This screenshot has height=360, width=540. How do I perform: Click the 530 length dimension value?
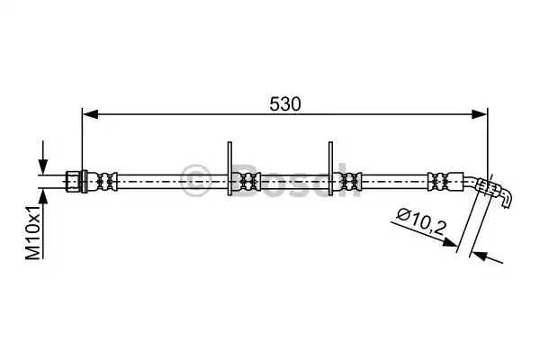284,104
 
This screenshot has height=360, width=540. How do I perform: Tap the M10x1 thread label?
34,231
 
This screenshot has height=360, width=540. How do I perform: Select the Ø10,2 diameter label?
421,221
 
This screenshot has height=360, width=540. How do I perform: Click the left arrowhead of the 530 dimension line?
90,114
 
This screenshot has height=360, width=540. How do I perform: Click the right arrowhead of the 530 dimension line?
480,114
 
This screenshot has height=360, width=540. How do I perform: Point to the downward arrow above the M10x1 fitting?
42,157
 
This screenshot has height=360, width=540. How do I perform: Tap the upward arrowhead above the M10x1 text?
42,196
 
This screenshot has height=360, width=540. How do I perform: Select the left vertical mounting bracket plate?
229,168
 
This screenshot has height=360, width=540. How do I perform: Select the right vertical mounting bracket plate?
330,168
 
